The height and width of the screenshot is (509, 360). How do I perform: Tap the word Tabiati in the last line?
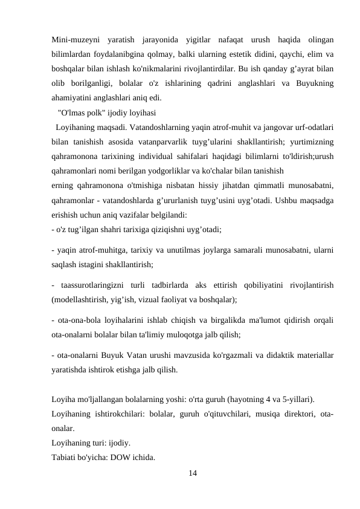(65, 456)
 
